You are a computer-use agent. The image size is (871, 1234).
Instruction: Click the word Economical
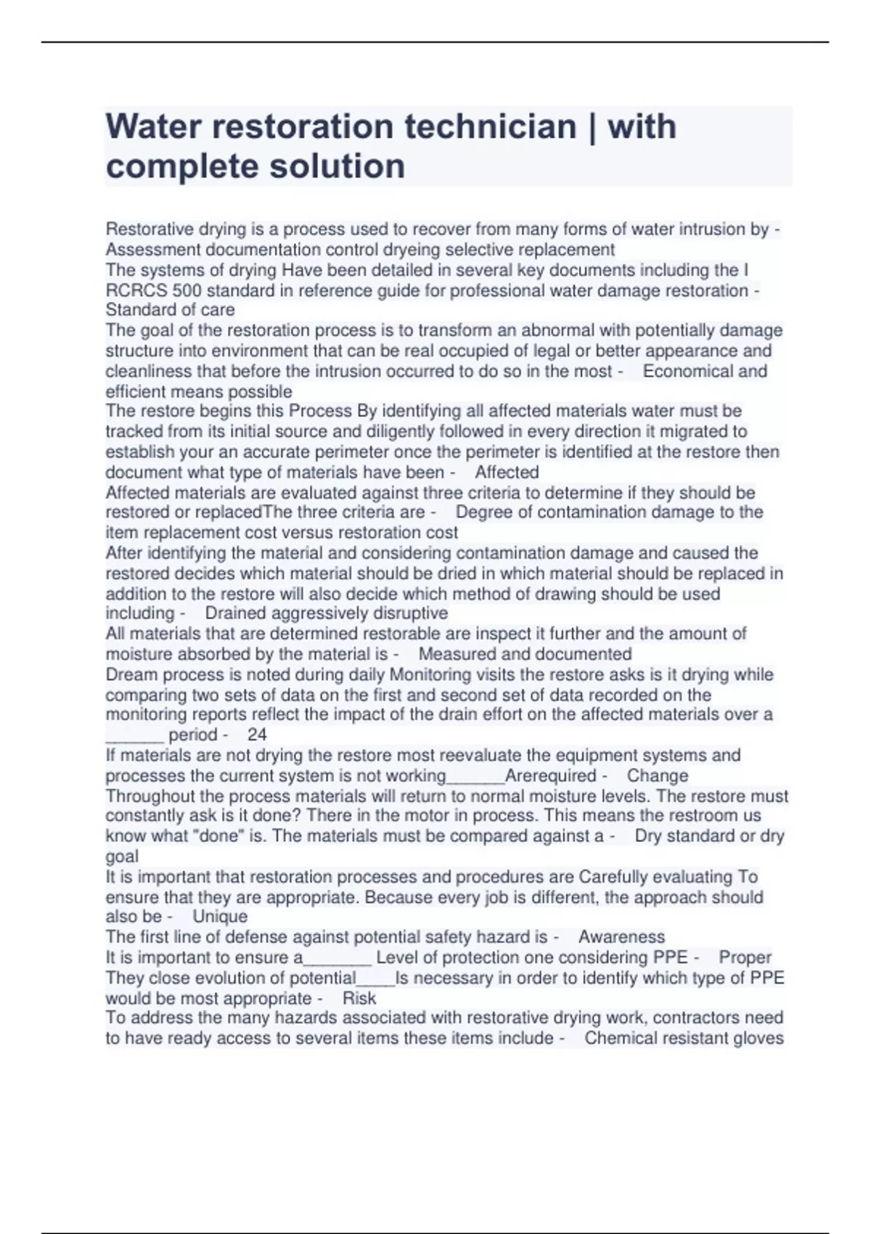click(x=687, y=371)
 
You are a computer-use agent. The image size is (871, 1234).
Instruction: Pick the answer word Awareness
click(x=621, y=937)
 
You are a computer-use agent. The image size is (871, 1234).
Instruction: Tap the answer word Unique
click(x=220, y=917)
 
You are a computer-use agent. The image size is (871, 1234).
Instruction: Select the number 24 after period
click(x=257, y=735)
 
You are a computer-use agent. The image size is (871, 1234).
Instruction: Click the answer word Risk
click(x=359, y=998)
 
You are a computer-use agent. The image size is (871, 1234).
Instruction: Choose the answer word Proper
click(x=745, y=957)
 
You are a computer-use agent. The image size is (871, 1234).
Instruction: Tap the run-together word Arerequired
click(x=550, y=776)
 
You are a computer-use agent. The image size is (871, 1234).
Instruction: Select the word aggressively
click(x=326, y=613)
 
